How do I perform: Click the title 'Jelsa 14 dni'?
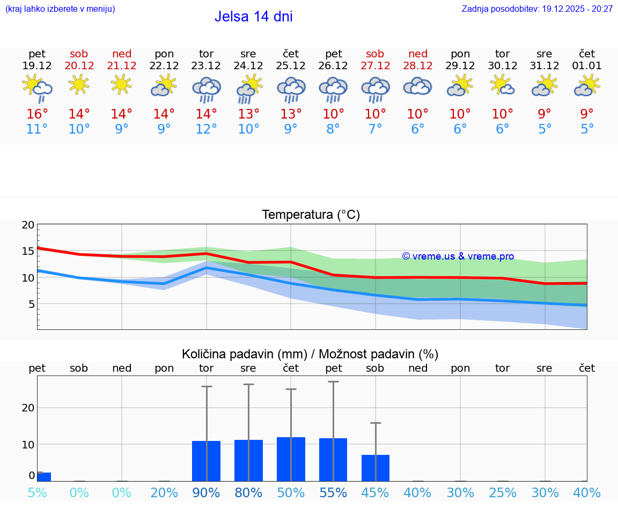tap(253, 17)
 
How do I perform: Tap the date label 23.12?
tap(206, 66)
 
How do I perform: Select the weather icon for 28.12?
tap(417, 86)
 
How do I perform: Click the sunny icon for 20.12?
tap(79, 84)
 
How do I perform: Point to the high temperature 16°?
tap(37, 114)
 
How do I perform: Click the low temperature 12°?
tap(206, 129)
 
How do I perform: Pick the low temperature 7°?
tap(375, 129)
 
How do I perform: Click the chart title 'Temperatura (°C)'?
tap(311, 215)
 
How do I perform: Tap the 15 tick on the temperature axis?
tap(28, 251)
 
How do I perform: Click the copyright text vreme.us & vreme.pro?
tap(458, 256)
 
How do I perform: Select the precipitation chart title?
tap(310, 354)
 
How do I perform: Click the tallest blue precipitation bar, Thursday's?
tap(291, 459)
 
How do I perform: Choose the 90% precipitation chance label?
tap(206, 492)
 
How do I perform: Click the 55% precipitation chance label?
tap(333, 492)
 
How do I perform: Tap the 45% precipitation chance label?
tap(375, 492)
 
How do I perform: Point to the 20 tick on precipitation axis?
tap(28, 408)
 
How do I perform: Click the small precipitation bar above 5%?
tap(43, 477)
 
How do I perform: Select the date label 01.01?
tap(587, 66)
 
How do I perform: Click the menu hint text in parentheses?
tap(60, 9)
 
